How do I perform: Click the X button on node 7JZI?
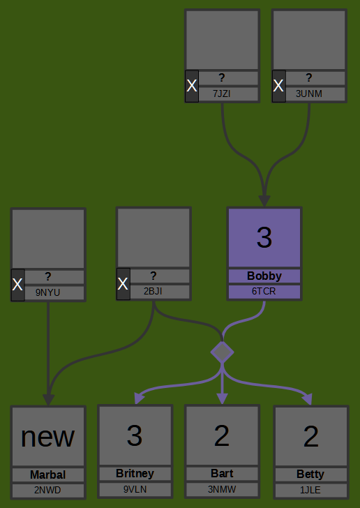point(192,87)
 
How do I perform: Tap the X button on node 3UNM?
point(278,87)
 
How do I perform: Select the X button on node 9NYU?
point(18,285)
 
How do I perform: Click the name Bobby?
point(264,276)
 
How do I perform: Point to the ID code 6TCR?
point(264,291)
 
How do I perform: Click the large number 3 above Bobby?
point(264,237)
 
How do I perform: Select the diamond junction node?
point(222,352)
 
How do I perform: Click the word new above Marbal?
point(47,437)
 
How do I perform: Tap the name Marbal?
point(48,475)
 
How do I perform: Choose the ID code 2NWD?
point(47,490)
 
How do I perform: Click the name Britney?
point(135,474)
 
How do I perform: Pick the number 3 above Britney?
point(135,435)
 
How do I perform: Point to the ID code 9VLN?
point(135,489)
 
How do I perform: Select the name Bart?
point(222,474)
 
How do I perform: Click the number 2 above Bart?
point(222,435)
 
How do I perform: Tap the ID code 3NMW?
point(222,489)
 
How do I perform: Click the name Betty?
point(310,475)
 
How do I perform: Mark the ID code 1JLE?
point(310,490)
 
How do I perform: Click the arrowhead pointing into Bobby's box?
point(264,201)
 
